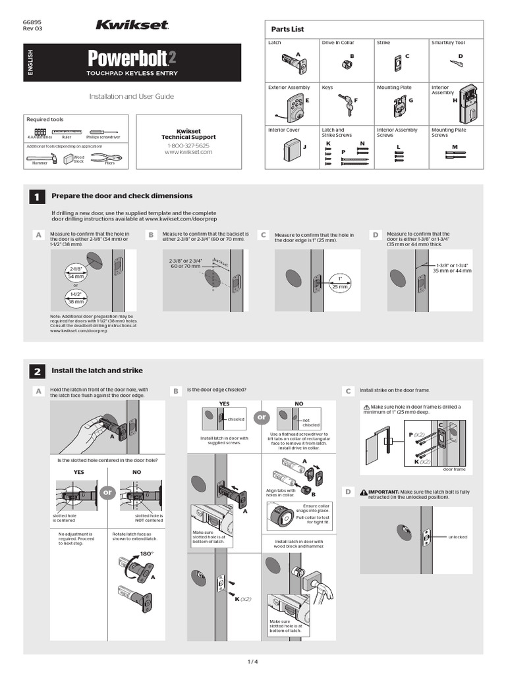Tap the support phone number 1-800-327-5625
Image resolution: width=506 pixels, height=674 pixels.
click(188, 145)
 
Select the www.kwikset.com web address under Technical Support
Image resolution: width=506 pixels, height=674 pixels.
click(188, 152)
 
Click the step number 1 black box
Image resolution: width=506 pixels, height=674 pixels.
click(37, 197)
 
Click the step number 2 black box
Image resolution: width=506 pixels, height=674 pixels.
click(37, 371)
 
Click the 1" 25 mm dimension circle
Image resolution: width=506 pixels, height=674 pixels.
click(340, 283)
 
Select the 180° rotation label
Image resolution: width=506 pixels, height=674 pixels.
click(146, 554)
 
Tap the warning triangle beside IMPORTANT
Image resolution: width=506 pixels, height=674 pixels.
click(364, 492)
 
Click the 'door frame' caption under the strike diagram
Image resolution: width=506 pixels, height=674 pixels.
click(454, 469)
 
